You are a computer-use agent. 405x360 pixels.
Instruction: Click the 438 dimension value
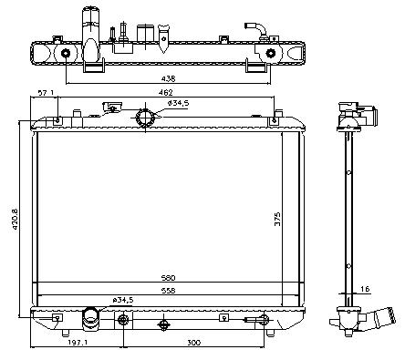point(168,78)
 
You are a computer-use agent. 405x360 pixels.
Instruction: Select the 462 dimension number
point(166,92)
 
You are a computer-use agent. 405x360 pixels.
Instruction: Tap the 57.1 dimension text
point(46,92)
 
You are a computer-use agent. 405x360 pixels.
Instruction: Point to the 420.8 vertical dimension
point(16,219)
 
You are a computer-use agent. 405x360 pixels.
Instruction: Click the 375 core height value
point(277,219)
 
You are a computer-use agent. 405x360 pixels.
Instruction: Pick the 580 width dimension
point(168,278)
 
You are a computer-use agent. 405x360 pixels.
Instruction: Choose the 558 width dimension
point(168,291)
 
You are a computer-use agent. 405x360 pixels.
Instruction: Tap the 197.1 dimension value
point(78,343)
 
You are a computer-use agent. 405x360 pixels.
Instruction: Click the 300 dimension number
point(193,343)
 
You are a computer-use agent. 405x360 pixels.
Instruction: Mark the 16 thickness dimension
point(366,289)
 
